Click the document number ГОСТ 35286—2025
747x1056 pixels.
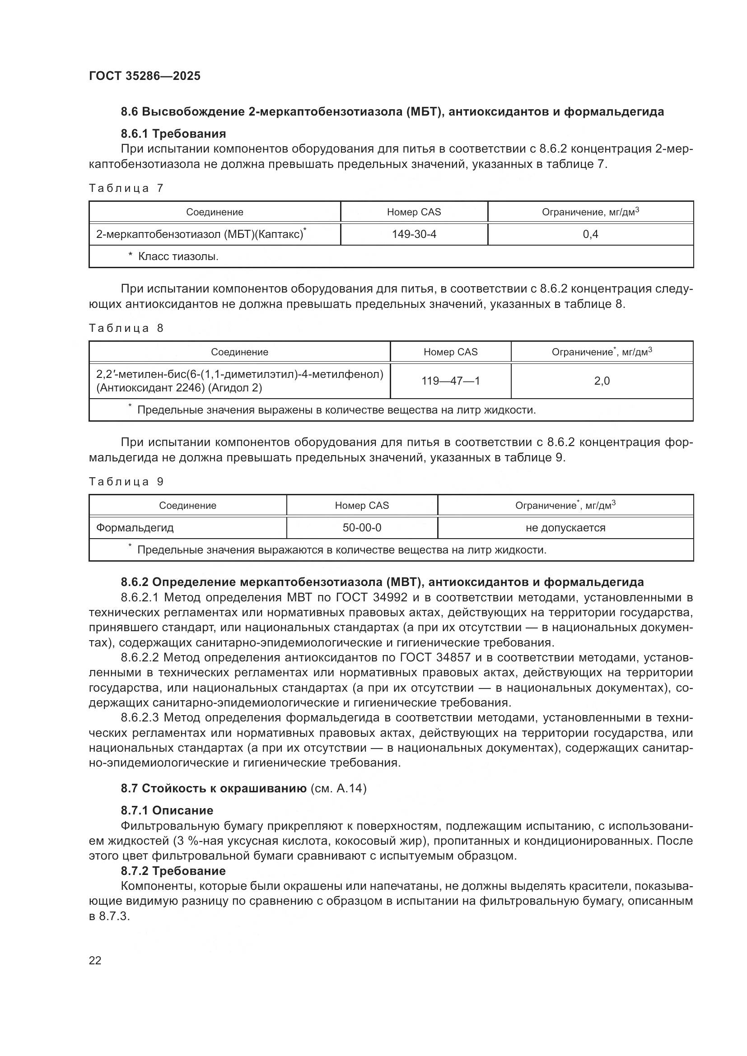click(145, 76)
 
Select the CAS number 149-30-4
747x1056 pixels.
click(414, 235)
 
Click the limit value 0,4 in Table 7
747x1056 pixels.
click(590, 235)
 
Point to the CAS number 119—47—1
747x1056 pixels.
click(450, 381)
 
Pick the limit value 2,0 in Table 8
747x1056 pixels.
click(602, 381)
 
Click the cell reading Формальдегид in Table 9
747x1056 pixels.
click(135, 527)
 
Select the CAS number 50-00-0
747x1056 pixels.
click(362, 527)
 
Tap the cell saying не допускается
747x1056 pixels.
click(565, 527)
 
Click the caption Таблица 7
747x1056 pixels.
click(126, 188)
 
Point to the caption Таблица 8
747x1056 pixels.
click(126, 328)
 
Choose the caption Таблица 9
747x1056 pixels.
click(126, 482)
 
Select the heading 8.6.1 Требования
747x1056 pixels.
click(173, 134)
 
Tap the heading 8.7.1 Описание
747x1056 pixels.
click(167, 810)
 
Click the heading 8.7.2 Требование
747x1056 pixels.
click(173, 870)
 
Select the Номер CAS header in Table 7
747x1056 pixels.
click(414, 212)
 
